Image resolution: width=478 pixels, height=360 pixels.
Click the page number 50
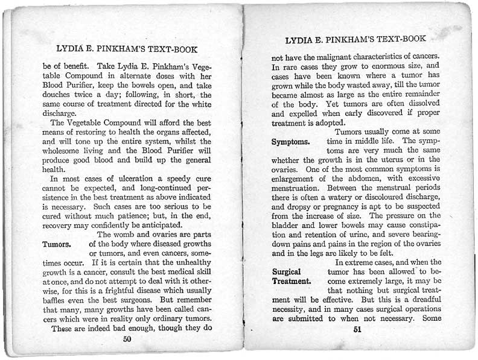(127, 339)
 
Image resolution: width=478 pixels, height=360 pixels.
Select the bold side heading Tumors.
(57, 244)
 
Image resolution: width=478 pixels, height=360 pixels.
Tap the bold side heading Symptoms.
(291, 142)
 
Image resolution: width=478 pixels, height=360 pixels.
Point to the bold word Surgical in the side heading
(287, 272)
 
